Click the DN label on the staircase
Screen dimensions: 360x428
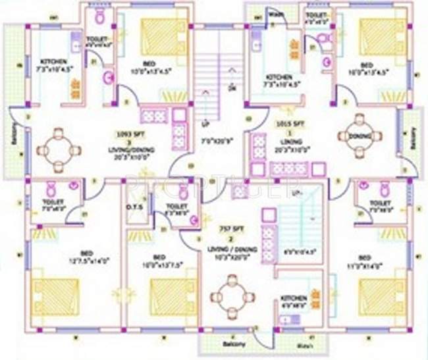[231, 88]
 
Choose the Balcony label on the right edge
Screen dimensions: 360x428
[414, 139]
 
